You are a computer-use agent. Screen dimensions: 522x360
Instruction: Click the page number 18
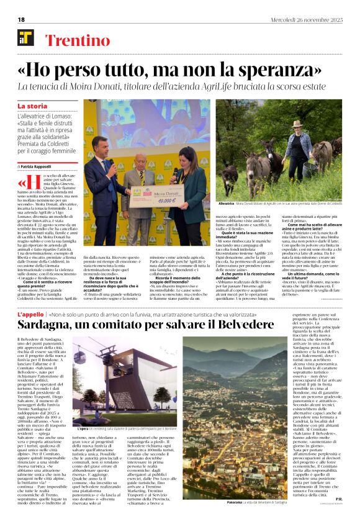(21, 19)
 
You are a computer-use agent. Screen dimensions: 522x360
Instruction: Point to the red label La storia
(32, 106)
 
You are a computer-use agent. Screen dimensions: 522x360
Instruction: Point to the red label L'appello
(30, 315)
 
